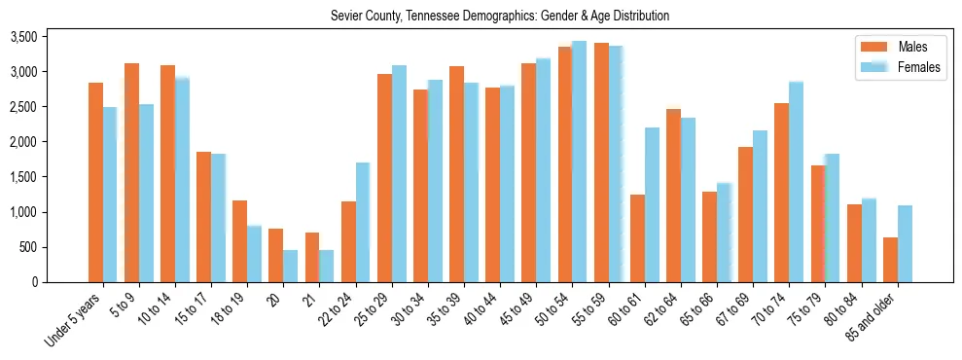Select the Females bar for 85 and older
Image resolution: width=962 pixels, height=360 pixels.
[905, 243]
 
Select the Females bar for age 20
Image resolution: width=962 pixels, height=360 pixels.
[290, 266]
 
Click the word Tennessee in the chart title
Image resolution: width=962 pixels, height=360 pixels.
[441, 17]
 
